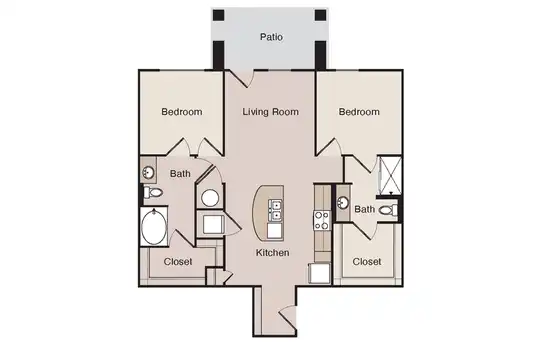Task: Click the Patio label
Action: [271, 37]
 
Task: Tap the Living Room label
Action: [270, 112]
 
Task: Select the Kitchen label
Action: [272, 253]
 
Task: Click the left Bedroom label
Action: [182, 112]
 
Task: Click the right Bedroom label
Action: [359, 112]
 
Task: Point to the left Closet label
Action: [178, 262]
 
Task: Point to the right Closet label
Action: [367, 262]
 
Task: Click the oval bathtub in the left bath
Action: [154, 227]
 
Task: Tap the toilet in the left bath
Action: [153, 193]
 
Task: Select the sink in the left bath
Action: [148, 172]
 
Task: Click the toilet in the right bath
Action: [388, 210]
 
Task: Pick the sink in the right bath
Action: [343, 202]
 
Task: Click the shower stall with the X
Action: [391, 176]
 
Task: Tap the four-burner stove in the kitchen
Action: [322, 220]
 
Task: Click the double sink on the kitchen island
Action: [276, 210]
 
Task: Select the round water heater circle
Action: [210, 198]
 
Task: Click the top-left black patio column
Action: [218, 15]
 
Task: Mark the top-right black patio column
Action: [320, 15]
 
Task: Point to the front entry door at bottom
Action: [288, 318]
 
